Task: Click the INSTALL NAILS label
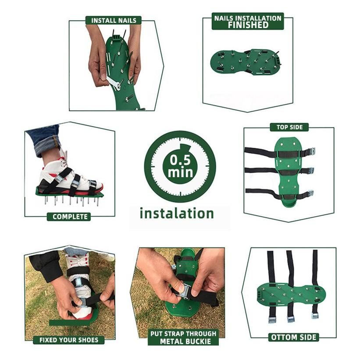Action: pyautogui.click(x=114, y=20)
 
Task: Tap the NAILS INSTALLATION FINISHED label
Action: pyautogui.click(x=248, y=21)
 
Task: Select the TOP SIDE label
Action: pyautogui.click(x=289, y=127)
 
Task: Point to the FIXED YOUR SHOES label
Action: pyautogui.click(x=69, y=340)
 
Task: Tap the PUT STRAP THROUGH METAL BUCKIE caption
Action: pyautogui.click(x=183, y=338)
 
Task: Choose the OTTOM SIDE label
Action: pyautogui.click(x=293, y=337)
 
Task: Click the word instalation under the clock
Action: pyautogui.click(x=177, y=214)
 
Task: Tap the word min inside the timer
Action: pyautogui.click(x=180, y=171)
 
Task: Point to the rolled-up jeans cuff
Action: pyautogui.click(x=44, y=139)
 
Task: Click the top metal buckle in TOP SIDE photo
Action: pyautogui.click(x=309, y=152)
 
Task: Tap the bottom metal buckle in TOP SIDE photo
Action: pyautogui.click(x=309, y=193)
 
